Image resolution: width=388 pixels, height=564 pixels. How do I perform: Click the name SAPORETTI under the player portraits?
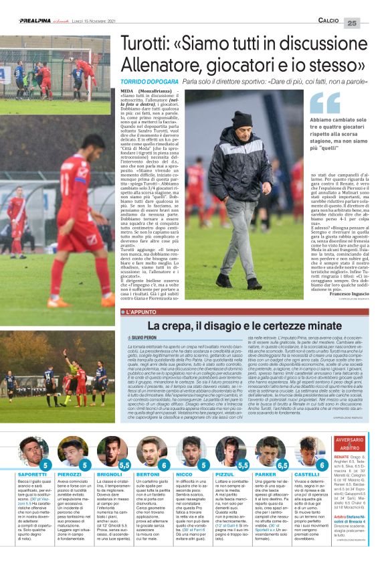(x=33, y=474)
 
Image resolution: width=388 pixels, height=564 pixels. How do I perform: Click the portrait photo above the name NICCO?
(x=189, y=451)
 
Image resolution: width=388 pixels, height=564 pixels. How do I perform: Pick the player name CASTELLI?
(x=306, y=474)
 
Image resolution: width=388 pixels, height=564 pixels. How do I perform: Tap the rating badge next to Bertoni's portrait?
(x=164, y=464)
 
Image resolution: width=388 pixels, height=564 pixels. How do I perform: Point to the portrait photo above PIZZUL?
(x=227, y=451)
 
